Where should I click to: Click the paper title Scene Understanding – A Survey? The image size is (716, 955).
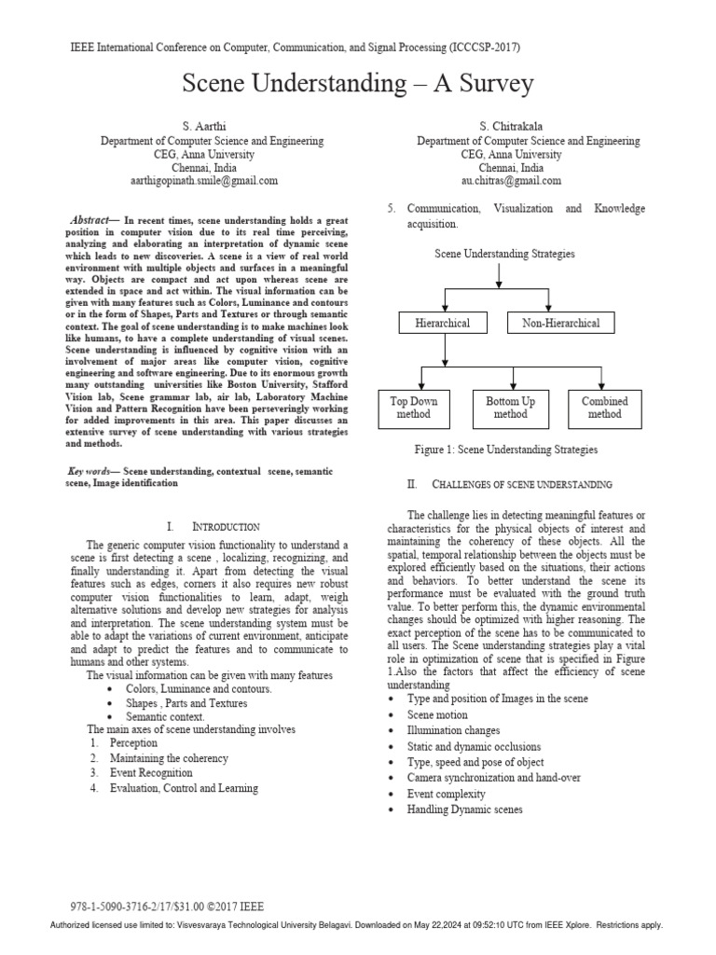tap(357, 84)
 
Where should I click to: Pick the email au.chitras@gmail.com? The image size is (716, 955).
tap(511, 180)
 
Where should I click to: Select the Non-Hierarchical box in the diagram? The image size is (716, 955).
tap(560, 324)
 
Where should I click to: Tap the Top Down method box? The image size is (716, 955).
tap(413, 408)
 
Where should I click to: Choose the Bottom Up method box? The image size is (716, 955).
tap(510, 408)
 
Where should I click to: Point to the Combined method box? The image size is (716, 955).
tap(605, 408)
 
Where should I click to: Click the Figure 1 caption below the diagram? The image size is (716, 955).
tap(506, 450)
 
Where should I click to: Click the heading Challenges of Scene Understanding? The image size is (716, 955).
tap(510, 485)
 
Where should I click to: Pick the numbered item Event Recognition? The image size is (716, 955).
tap(151, 773)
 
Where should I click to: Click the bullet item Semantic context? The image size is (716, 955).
tap(164, 717)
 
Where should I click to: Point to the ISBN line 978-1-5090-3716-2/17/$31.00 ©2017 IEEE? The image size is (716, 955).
tap(167, 906)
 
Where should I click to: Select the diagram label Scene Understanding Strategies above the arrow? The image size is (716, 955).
tap(504, 254)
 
